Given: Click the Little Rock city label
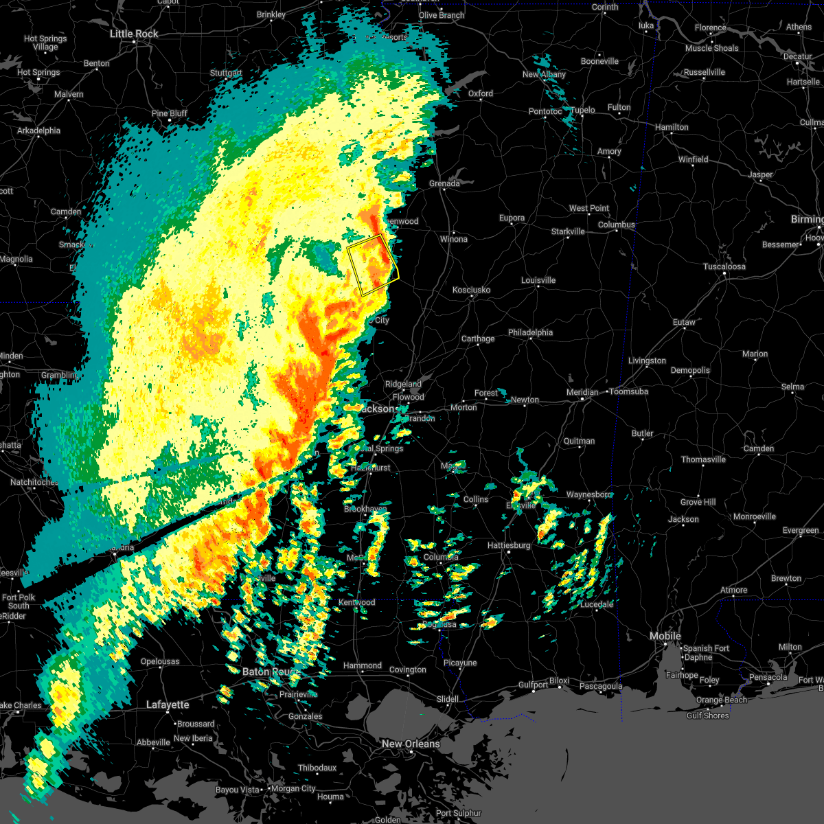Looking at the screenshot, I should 134,34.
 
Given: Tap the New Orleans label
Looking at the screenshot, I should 411,744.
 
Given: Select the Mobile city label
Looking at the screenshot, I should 665,636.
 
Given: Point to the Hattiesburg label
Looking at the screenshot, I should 509,545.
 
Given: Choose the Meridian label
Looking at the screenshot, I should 582,392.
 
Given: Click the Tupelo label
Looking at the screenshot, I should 583,110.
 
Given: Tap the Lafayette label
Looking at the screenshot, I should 168,705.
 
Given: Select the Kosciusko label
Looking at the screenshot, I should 471,290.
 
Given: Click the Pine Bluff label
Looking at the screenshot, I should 169,113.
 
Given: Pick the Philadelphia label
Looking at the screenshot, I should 530,332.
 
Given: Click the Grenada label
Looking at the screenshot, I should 444,183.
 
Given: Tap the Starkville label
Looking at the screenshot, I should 568,231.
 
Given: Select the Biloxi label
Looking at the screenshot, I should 559,681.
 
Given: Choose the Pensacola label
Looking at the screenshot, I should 768,677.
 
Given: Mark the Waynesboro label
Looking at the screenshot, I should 588,494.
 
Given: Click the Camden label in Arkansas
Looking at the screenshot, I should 66,211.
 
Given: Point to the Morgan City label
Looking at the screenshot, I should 293,789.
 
